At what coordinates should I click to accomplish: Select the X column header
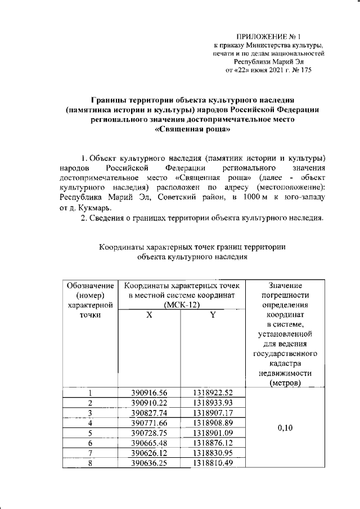149,316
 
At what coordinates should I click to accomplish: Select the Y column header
213,316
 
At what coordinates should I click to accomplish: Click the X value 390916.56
149,393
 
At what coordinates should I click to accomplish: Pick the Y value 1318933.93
213,403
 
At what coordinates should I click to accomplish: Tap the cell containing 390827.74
149,413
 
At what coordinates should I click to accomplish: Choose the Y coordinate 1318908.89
213,422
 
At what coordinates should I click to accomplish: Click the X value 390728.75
149,433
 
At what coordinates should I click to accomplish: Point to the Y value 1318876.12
213,443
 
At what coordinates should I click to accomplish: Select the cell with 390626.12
149,453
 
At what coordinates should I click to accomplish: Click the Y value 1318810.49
213,462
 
